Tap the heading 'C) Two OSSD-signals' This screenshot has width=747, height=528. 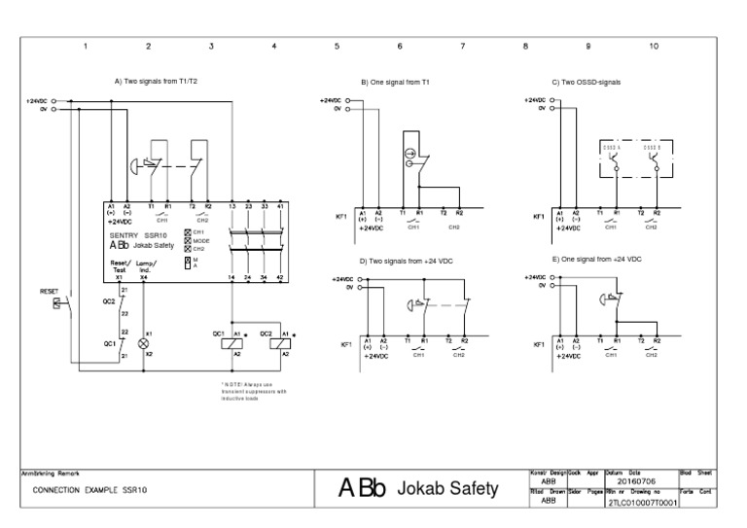(x=586, y=83)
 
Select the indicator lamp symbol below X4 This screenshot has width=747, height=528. (x=144, y=344)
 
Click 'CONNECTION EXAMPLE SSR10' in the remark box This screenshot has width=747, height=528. (x=89, y=490)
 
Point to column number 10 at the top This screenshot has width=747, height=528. (x=654, y=46)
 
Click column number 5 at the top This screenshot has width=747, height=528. (x=337, y=46)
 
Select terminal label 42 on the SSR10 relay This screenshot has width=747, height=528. (x=281, y=278)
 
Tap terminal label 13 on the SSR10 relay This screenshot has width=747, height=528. (x=231, y=207)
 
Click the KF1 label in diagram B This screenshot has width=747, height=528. (x=341, y=217)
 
